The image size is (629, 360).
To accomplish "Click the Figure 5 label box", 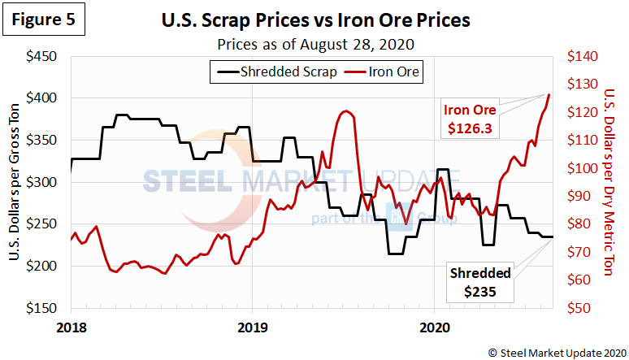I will [x=45, y=20].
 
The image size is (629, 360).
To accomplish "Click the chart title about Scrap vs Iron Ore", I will [x=326, y=20].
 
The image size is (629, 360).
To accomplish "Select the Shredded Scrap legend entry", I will [x=276, y=72].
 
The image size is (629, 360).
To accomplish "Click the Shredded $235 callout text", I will [x=481, y=281].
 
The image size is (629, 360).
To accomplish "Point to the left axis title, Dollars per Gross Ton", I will [x=15, y=182].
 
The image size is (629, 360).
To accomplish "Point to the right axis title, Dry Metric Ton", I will [x=610, y=182].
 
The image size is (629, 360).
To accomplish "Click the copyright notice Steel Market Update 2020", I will [x=553, y=351].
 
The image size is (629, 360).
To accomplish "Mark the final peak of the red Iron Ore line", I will [x=549, y=94].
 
